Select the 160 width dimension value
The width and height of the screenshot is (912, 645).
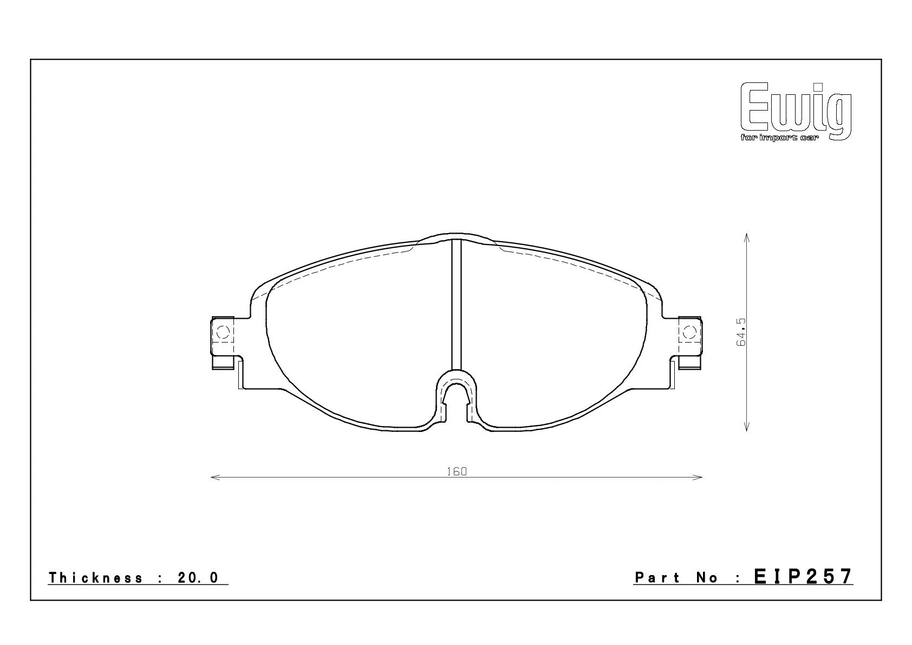tap(457, 472)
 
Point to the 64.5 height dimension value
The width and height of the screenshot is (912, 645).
tap(741, 332)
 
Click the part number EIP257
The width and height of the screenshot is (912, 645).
tap(803, 577)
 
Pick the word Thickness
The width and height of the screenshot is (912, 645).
tap(96, 578)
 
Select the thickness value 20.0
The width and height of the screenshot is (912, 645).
tap(198, 578)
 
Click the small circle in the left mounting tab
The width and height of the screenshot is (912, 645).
tap(222, 332)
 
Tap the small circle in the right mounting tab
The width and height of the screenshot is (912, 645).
tap(689, 332)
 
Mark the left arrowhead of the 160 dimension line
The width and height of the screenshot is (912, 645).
tap(212, 477)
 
